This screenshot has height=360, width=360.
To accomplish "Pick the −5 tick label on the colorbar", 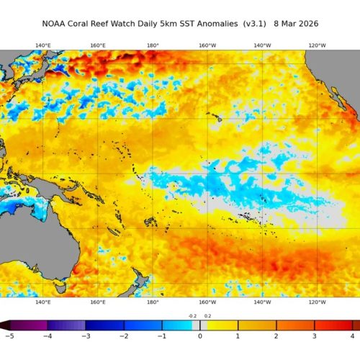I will [x=9, y=336].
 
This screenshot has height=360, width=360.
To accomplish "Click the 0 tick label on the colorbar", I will [x=199, y=336].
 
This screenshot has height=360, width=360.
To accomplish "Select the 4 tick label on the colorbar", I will [x=353, y=336].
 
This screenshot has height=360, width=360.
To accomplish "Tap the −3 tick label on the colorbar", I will [x=85, y=336].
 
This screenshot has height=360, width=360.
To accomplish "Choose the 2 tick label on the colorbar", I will [x=276, y=336].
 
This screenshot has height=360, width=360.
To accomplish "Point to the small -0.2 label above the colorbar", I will [x=192, y=316].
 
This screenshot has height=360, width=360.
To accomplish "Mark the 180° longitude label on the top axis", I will [x=153, y=45].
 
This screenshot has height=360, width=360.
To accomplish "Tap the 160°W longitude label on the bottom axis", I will [x=207, y=302].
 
